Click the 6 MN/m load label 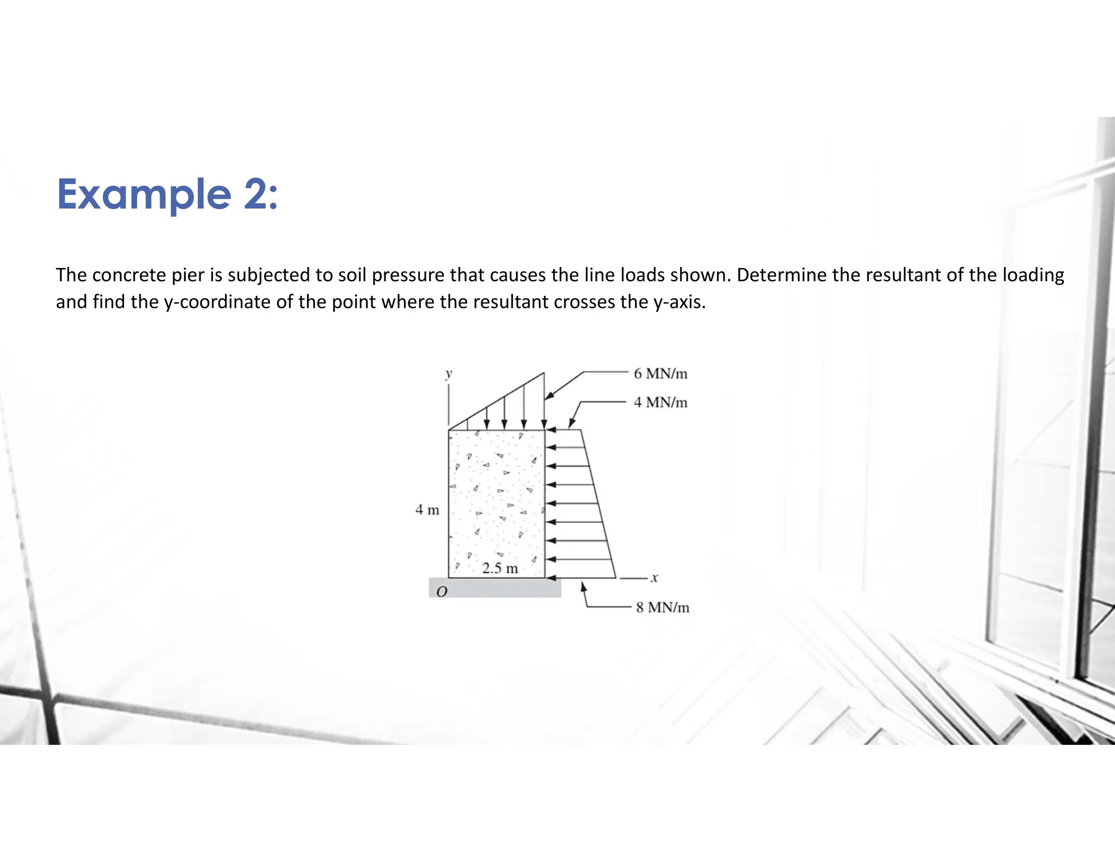(x=660, y=374)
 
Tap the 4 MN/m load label (x=660, y=403)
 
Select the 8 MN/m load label (x=663, y=607)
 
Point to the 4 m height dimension (x=427, y=510)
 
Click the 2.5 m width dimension (x=500, y=568)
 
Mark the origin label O (x=442, y=591)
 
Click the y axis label (x=449, y=374)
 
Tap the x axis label (x=654, y=578)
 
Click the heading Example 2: (x=168, y=195)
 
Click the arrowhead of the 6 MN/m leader (x=548, y=396)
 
